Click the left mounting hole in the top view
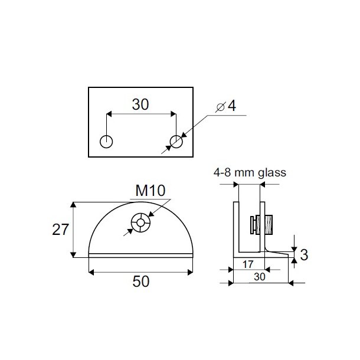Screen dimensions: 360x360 click(106, 142)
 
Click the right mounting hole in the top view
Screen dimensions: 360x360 click(176, 142)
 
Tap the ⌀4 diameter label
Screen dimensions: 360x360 click(226, 106)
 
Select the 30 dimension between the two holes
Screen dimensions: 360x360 click(140, 104)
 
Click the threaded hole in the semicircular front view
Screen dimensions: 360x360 click(141, 222)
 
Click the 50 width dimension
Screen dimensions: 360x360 click(140, 282)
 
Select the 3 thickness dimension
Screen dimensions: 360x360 click(304, 254)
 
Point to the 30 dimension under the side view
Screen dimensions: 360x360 click(258, 276)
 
